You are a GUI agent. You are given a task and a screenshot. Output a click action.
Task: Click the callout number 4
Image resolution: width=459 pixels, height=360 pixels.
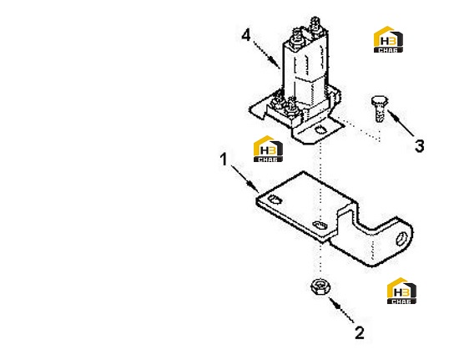[x=246, y=35]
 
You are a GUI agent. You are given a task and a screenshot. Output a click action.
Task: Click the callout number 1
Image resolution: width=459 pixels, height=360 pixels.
[x=224, y=160]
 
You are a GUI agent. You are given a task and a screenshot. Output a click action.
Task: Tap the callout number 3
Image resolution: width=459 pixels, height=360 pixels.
[x=420, y=146]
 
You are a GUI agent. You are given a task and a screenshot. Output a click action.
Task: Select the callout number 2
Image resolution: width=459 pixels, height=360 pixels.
[x=360, y=333]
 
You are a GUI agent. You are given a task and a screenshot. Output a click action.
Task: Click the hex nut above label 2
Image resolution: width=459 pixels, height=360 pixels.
[x=320, y=286]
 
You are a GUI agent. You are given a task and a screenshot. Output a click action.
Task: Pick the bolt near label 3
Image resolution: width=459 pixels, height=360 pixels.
[x=380, y=109]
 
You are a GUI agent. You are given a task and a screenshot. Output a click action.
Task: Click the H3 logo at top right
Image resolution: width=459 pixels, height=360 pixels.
[x=388, y=39]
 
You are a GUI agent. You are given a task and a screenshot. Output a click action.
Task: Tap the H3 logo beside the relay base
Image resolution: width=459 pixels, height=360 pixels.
[x=268, y=149]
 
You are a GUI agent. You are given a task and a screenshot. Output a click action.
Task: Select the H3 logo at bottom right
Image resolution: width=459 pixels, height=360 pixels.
[x=401, y=291]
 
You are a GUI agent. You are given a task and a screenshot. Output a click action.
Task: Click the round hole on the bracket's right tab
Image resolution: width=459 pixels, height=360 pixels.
[x=401, y=239]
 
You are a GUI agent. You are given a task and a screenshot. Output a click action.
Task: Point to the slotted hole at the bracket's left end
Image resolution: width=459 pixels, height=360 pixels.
[x=275, y=200]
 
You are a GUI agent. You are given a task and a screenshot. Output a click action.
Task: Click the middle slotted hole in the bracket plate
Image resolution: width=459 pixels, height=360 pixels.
[x=320, y=226]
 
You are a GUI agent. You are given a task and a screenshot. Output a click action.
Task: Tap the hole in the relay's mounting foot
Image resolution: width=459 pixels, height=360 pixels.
[x=320, y=129]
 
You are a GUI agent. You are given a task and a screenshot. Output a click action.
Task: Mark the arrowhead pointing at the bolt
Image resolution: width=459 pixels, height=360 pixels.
[x=392, y=114]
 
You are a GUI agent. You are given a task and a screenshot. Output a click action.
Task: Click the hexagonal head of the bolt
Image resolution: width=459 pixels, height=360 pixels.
[x=380, y=101]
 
